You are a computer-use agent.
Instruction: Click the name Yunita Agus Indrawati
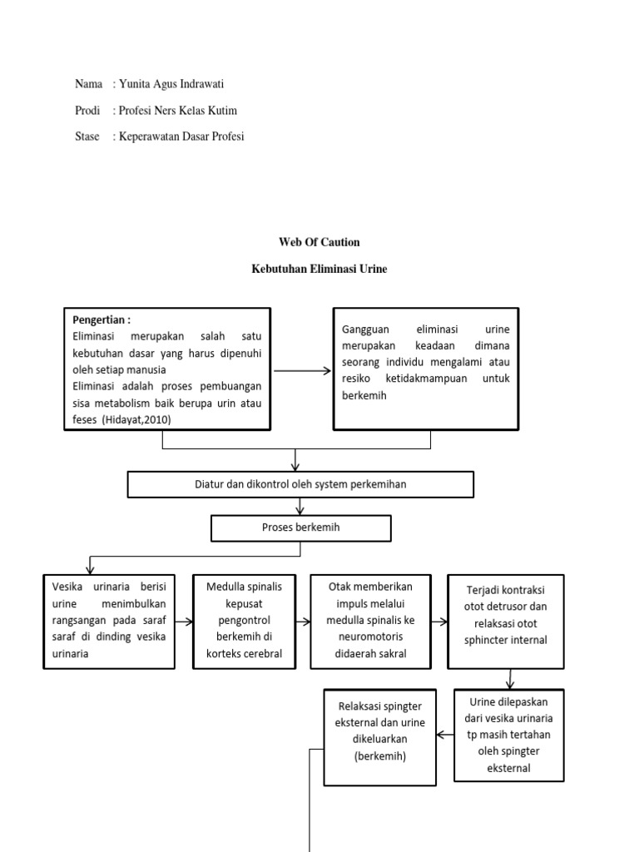coord(171,84)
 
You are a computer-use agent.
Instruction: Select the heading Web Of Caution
coord(319,242)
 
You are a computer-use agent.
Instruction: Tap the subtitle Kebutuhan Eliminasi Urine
coord(319,269)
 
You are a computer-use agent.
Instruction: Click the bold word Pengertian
coord(102,319)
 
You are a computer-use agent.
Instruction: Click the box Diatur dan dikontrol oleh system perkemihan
coord(300,484)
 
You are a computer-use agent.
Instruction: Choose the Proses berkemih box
coord(300,528)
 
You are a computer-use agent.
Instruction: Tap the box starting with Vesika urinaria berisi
coord(109,621)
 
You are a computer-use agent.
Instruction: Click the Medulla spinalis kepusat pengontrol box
coord(244,621)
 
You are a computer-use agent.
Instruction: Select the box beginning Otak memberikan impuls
coord(370,621)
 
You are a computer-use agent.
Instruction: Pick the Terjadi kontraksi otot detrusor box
coord(505,621)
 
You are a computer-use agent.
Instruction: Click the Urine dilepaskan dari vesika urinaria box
coord(509,735)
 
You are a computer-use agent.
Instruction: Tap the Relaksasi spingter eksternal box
coord(379,736)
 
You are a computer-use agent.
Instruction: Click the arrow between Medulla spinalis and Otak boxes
coord(302,622)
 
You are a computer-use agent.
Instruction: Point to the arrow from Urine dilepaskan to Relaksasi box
coord(445,735)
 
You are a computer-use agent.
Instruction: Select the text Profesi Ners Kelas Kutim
coord(183,111)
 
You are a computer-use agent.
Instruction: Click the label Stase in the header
coord(87,136)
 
